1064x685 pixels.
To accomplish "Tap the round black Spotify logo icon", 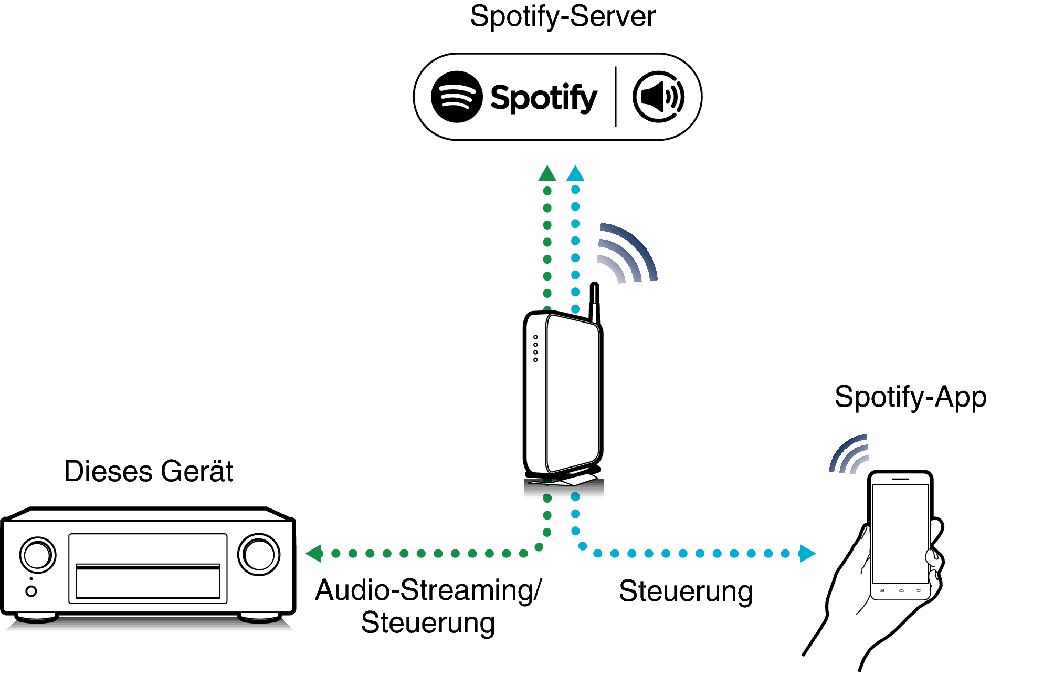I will point(456,97).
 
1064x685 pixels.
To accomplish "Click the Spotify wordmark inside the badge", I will point(543,98).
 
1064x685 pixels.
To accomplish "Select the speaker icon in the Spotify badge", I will point(658,97).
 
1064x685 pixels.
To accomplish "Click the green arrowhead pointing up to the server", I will point(547,174).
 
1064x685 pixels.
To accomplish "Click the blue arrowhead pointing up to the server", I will point(575,173).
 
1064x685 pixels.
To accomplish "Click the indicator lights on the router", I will point(535,348).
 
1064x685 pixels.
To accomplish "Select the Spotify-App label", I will point(910,397).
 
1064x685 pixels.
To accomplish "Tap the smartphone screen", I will point(900,533).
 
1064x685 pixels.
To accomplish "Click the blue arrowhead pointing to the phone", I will point(807,553).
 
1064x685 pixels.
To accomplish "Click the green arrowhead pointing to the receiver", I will point(314,553).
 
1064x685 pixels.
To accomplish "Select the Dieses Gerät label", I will point(149,471).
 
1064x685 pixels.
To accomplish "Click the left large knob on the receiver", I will point(37,555).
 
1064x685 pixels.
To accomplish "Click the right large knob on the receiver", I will point(259,554).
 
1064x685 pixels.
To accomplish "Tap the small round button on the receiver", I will point(31,591).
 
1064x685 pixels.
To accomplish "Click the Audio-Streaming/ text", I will point(428,590).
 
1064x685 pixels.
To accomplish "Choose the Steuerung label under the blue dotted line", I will point(686,591).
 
